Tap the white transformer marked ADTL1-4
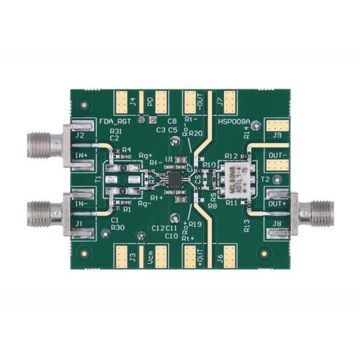coord(235,179)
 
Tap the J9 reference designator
coord(277,136)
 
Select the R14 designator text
coord(247,134)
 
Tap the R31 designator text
coord(117,131)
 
